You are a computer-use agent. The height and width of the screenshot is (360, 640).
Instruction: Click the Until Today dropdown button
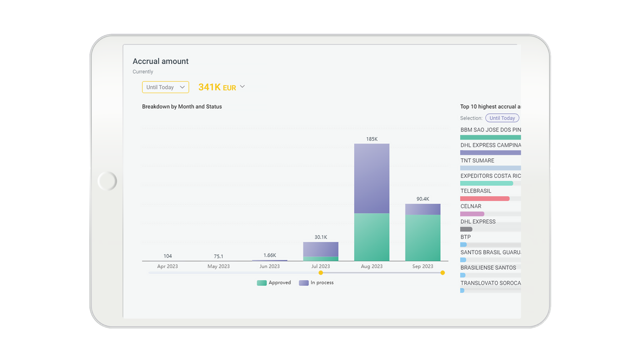coord(165,87)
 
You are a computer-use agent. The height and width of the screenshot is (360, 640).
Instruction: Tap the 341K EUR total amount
coord(217,87)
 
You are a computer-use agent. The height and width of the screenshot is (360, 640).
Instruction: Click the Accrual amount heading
coord(160,61)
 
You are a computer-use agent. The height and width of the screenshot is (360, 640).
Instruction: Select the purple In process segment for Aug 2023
coord(372,178)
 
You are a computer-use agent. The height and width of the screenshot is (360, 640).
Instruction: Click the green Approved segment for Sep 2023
coord(422,237)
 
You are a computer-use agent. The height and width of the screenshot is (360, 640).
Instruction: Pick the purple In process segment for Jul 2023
coord(320,249)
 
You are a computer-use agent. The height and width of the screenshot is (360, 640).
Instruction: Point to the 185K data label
coord(372,139)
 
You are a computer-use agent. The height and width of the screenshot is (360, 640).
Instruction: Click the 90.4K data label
coord(422,199)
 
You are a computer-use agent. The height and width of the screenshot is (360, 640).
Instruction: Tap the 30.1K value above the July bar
coord(320,237)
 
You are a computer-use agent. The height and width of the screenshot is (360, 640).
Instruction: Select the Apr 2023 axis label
coord(167,266)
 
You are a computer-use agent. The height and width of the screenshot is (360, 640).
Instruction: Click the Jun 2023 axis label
coord(270,266)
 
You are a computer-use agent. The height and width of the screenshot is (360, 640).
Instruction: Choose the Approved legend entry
coord(274,282)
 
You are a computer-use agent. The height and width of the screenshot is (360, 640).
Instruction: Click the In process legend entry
coord(317,282)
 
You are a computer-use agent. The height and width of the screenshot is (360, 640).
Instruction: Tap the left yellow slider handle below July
coord(320,273)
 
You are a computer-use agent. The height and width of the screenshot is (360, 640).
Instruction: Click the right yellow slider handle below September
coord(442,273)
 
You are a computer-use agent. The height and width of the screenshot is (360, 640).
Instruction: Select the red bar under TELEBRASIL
coord(485,199)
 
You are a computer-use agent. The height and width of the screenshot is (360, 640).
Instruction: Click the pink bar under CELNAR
coord(472,214)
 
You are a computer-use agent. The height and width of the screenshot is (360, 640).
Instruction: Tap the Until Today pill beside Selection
coord(502,118)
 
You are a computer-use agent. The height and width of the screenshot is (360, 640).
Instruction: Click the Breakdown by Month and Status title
coord(182,107)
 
